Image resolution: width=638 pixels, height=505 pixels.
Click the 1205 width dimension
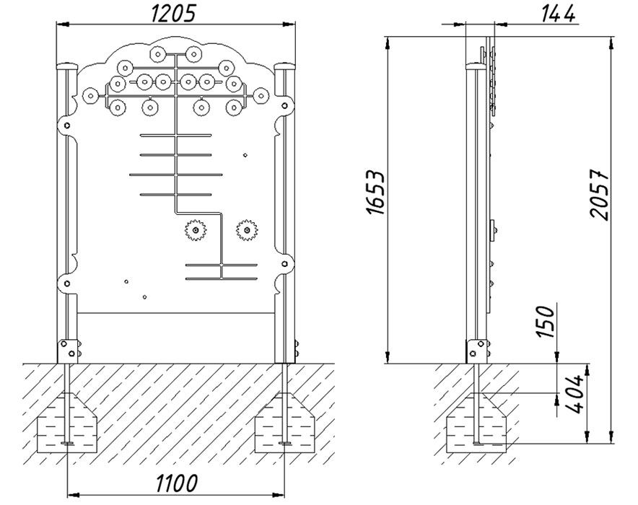pyautogui.click(x=175, y=14)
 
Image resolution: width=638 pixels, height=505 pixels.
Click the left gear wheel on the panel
pyautogui.click(x=195, y=230)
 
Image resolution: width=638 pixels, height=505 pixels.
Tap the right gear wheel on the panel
pyautogui.click(x=247, y=230)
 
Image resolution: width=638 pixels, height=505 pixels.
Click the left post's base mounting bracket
pyautogui.click(x=69, y=352)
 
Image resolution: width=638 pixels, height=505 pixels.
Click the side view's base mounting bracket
pyautogui.click(x=476, y=351)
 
